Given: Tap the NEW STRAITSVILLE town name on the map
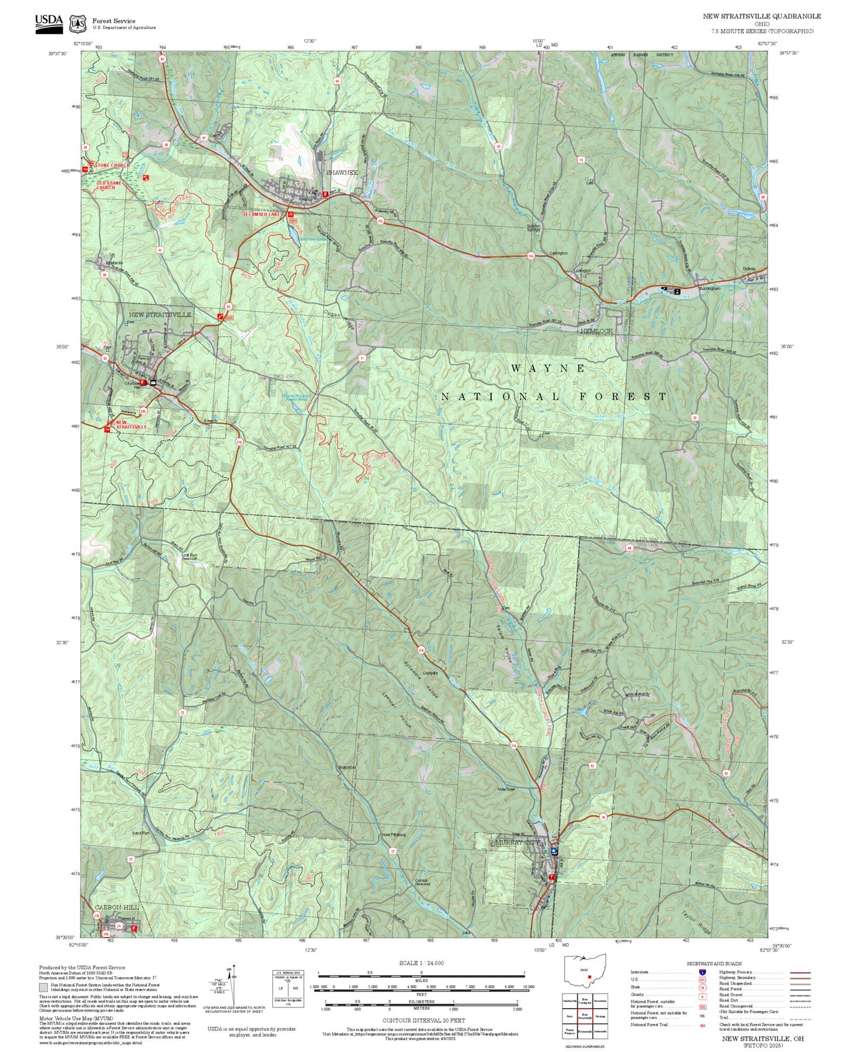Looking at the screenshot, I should [x=160, y=315].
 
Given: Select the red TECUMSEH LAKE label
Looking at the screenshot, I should [x=262, y=215].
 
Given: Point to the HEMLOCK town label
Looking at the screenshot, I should [x=596, y=331].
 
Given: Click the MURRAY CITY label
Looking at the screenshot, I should [x=516, y=842].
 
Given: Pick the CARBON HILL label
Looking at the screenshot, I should [x=117, y=907].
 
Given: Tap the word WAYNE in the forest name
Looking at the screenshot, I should [x=548, y=368].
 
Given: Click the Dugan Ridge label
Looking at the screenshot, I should [x=339, y=320].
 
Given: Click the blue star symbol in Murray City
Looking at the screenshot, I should [x=554, y=850].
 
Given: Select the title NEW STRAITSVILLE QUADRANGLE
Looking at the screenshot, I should [x=762, y=16].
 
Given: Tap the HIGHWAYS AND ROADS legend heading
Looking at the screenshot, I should [x=714, y=963].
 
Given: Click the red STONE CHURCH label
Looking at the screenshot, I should [x=113, y=165].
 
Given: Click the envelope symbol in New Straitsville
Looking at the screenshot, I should [x=153, y=382].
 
